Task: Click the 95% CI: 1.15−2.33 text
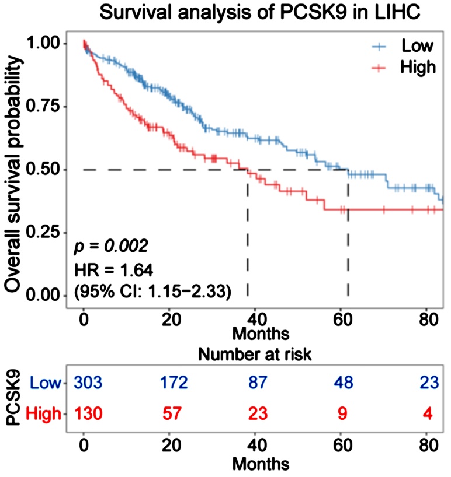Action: pos(152,290)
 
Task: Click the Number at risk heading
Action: pos(260,355)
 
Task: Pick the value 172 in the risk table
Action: pos(174,383)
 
